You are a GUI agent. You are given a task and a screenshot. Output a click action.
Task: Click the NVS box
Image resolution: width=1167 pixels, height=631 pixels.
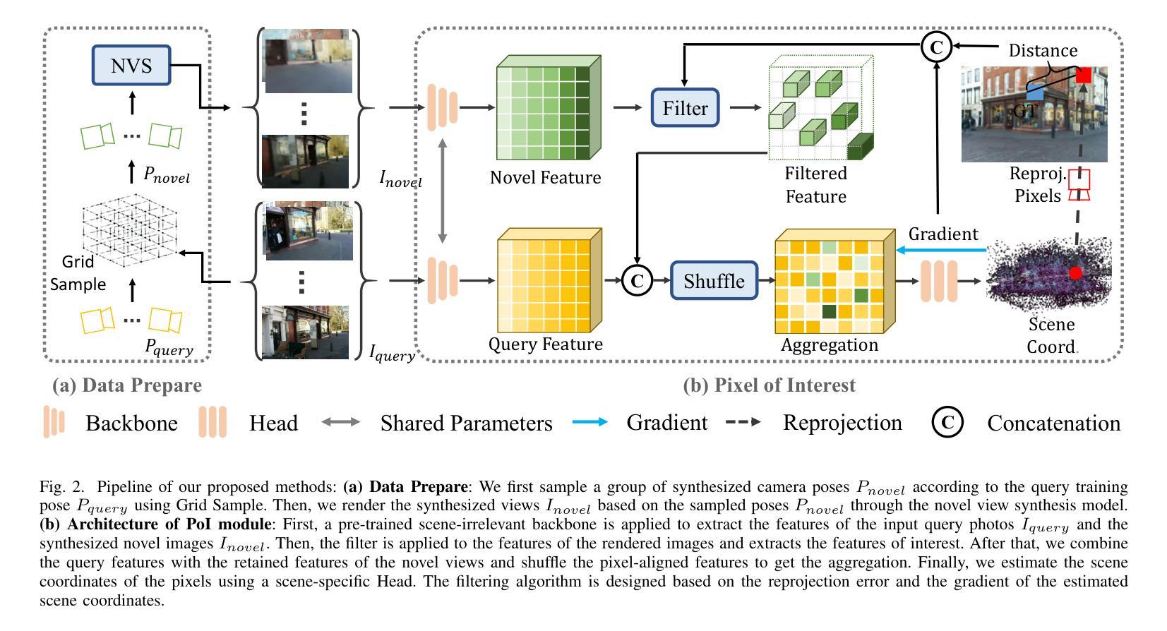coord(131,65)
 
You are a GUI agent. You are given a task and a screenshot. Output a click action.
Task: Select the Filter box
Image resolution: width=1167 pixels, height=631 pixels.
coord(685,108)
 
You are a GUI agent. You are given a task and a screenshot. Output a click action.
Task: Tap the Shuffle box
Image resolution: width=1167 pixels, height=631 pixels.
coord(714,281)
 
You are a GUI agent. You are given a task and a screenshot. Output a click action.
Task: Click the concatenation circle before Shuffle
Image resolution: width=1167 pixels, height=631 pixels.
coord(637,280)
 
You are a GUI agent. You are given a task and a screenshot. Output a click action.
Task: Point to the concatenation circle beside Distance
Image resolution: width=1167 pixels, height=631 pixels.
coord(936,47)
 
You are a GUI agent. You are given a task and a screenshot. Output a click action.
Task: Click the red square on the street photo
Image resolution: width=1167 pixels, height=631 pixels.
coord(1084,75)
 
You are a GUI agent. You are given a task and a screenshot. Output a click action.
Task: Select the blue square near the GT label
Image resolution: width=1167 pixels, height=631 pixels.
coord(1035,93)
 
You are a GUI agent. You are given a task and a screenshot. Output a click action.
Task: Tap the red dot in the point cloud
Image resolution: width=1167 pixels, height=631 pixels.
coord(1075,272)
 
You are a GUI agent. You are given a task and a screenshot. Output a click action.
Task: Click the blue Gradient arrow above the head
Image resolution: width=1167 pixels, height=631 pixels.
coord(941,251)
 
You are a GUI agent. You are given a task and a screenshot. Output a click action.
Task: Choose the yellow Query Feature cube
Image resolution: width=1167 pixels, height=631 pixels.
coord(550,280)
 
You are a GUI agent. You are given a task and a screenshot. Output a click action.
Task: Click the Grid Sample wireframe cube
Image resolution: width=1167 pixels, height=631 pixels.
coord(130,229)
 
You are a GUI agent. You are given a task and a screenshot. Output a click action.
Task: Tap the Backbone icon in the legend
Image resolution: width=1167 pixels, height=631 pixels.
coord(54,421)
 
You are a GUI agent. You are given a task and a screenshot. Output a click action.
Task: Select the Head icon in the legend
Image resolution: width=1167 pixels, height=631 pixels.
coord(213,421)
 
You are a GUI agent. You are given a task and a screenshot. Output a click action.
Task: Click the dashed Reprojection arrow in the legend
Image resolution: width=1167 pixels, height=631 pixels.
coord(743,421)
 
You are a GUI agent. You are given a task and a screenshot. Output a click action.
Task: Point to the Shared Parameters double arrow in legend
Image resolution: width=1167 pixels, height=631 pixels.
coord(341,421)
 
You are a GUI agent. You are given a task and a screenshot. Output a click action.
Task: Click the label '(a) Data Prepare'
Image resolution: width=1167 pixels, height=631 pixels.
coord(126,385)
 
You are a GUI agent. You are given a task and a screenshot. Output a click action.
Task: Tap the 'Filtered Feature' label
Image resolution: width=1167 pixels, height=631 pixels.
coord(816,184)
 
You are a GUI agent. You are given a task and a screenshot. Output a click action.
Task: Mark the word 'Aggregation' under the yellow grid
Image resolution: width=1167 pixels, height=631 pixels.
coord(830,345)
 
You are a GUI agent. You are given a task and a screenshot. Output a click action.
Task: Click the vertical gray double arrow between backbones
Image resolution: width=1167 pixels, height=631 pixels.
coord(443,191)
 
